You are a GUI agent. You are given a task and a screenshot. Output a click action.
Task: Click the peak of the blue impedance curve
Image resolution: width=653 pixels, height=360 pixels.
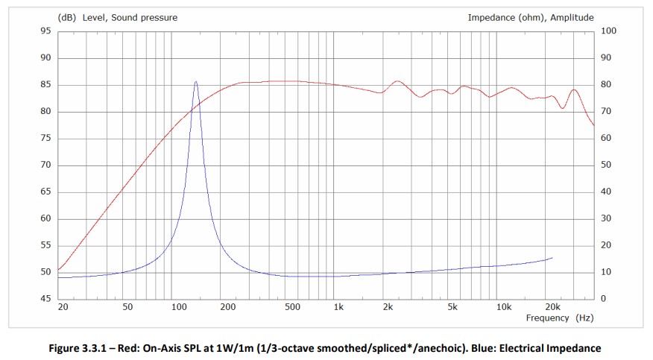(x=196, y=82)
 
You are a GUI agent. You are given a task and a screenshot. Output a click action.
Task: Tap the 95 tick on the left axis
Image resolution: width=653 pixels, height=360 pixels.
(x=45, y=31)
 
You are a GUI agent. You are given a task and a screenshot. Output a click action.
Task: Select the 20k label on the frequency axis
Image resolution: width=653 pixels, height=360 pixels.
(x=552, y=307)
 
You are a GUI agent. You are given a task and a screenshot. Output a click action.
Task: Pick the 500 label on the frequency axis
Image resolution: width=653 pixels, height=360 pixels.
(x=292, y=307)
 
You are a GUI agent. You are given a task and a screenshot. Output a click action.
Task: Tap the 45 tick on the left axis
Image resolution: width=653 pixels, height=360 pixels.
(x=45, y=299)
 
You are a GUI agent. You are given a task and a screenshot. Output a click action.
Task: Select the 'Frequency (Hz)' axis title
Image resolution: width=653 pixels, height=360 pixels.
(x=559, y=318)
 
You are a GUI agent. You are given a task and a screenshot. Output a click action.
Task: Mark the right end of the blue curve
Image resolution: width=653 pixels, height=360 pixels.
(x=552, y=258)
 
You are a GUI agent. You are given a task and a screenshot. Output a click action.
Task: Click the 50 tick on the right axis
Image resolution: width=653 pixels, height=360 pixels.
(x=605, y=165)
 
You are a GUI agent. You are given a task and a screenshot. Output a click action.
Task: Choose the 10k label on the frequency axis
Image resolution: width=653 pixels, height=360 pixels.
(x=504, y=307)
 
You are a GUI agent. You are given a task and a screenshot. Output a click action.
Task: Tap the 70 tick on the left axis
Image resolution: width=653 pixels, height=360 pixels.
(x=45, y=165)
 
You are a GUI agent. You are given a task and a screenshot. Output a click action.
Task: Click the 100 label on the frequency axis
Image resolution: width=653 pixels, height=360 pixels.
(x=177, y=307)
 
